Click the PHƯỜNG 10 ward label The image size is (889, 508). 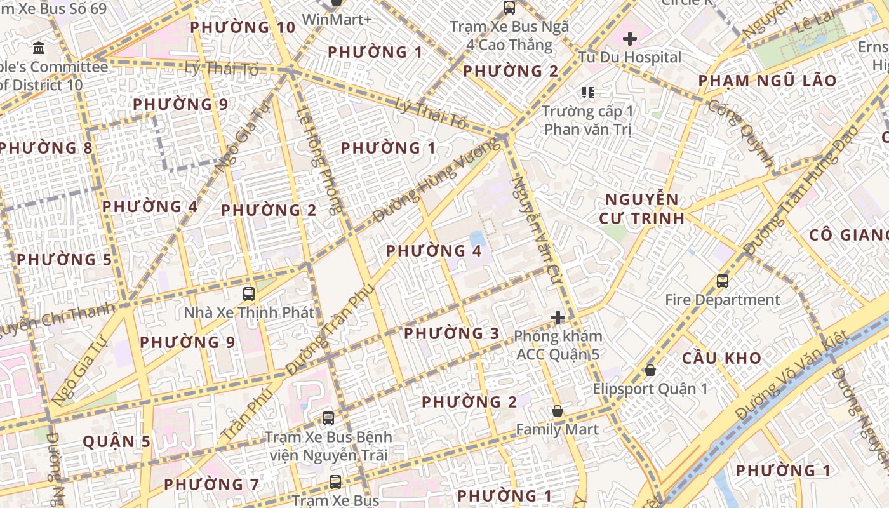[243, 27]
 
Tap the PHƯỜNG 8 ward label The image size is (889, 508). [46, 148]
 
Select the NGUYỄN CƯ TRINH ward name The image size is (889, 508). [642, 209]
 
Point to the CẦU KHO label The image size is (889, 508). [721, 358]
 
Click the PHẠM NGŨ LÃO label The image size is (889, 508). [767, 81]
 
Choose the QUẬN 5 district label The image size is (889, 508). [117, 442]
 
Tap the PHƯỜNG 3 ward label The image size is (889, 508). [451, 333]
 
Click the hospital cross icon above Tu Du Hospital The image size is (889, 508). [630, 39]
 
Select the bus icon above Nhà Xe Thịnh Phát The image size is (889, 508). [249, 294]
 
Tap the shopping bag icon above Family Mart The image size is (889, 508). [557, 411]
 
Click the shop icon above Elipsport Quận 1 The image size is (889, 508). [650, 370]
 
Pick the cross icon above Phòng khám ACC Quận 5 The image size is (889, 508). [558, 317]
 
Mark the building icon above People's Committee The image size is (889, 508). [38, 48]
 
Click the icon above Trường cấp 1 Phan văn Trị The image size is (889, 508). [588, 93]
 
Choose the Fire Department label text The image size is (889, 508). [723, 300]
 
